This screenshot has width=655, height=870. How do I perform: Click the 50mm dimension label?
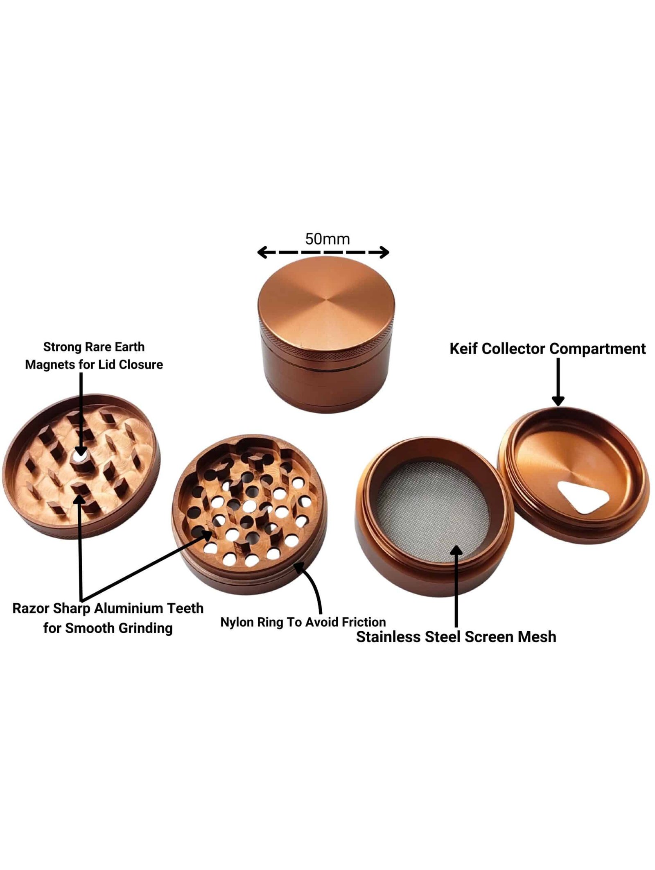click(x=327, y=239)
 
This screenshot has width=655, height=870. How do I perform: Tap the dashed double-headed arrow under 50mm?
click(x=323, y=252)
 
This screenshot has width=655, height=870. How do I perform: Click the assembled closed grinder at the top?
click(x=327, y=334)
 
